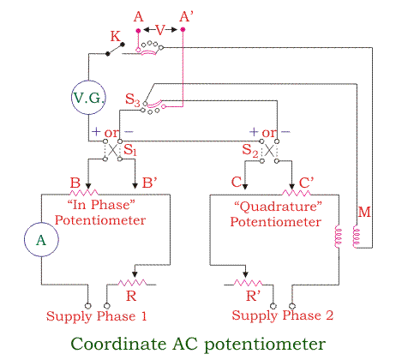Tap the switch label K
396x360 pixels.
(x=116, y=37)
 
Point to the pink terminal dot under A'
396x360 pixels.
(x=183, y=29)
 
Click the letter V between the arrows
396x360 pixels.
(x=160, y=30)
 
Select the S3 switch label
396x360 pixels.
(x=133, y=99)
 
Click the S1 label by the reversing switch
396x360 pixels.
(x=130, y=149)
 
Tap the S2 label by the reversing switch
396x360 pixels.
(x=250, y=150)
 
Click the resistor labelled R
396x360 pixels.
(x=132, y=283)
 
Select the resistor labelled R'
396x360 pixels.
(x=248, y=283)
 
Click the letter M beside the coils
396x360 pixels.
(x=364, y=212)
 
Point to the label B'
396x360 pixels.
(x=150, y=183)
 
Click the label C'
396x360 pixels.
(x=306, y=183)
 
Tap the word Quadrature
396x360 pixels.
(x=278, y=207)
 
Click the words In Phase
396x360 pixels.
(x=101, y=205)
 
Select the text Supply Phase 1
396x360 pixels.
(x=97, y=316)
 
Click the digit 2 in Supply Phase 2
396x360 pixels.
(x=329, y=315)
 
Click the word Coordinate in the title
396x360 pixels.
(x=118, y=344)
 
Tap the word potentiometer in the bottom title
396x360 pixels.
(x=265, y=345)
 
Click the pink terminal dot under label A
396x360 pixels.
(x=138, y=30)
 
